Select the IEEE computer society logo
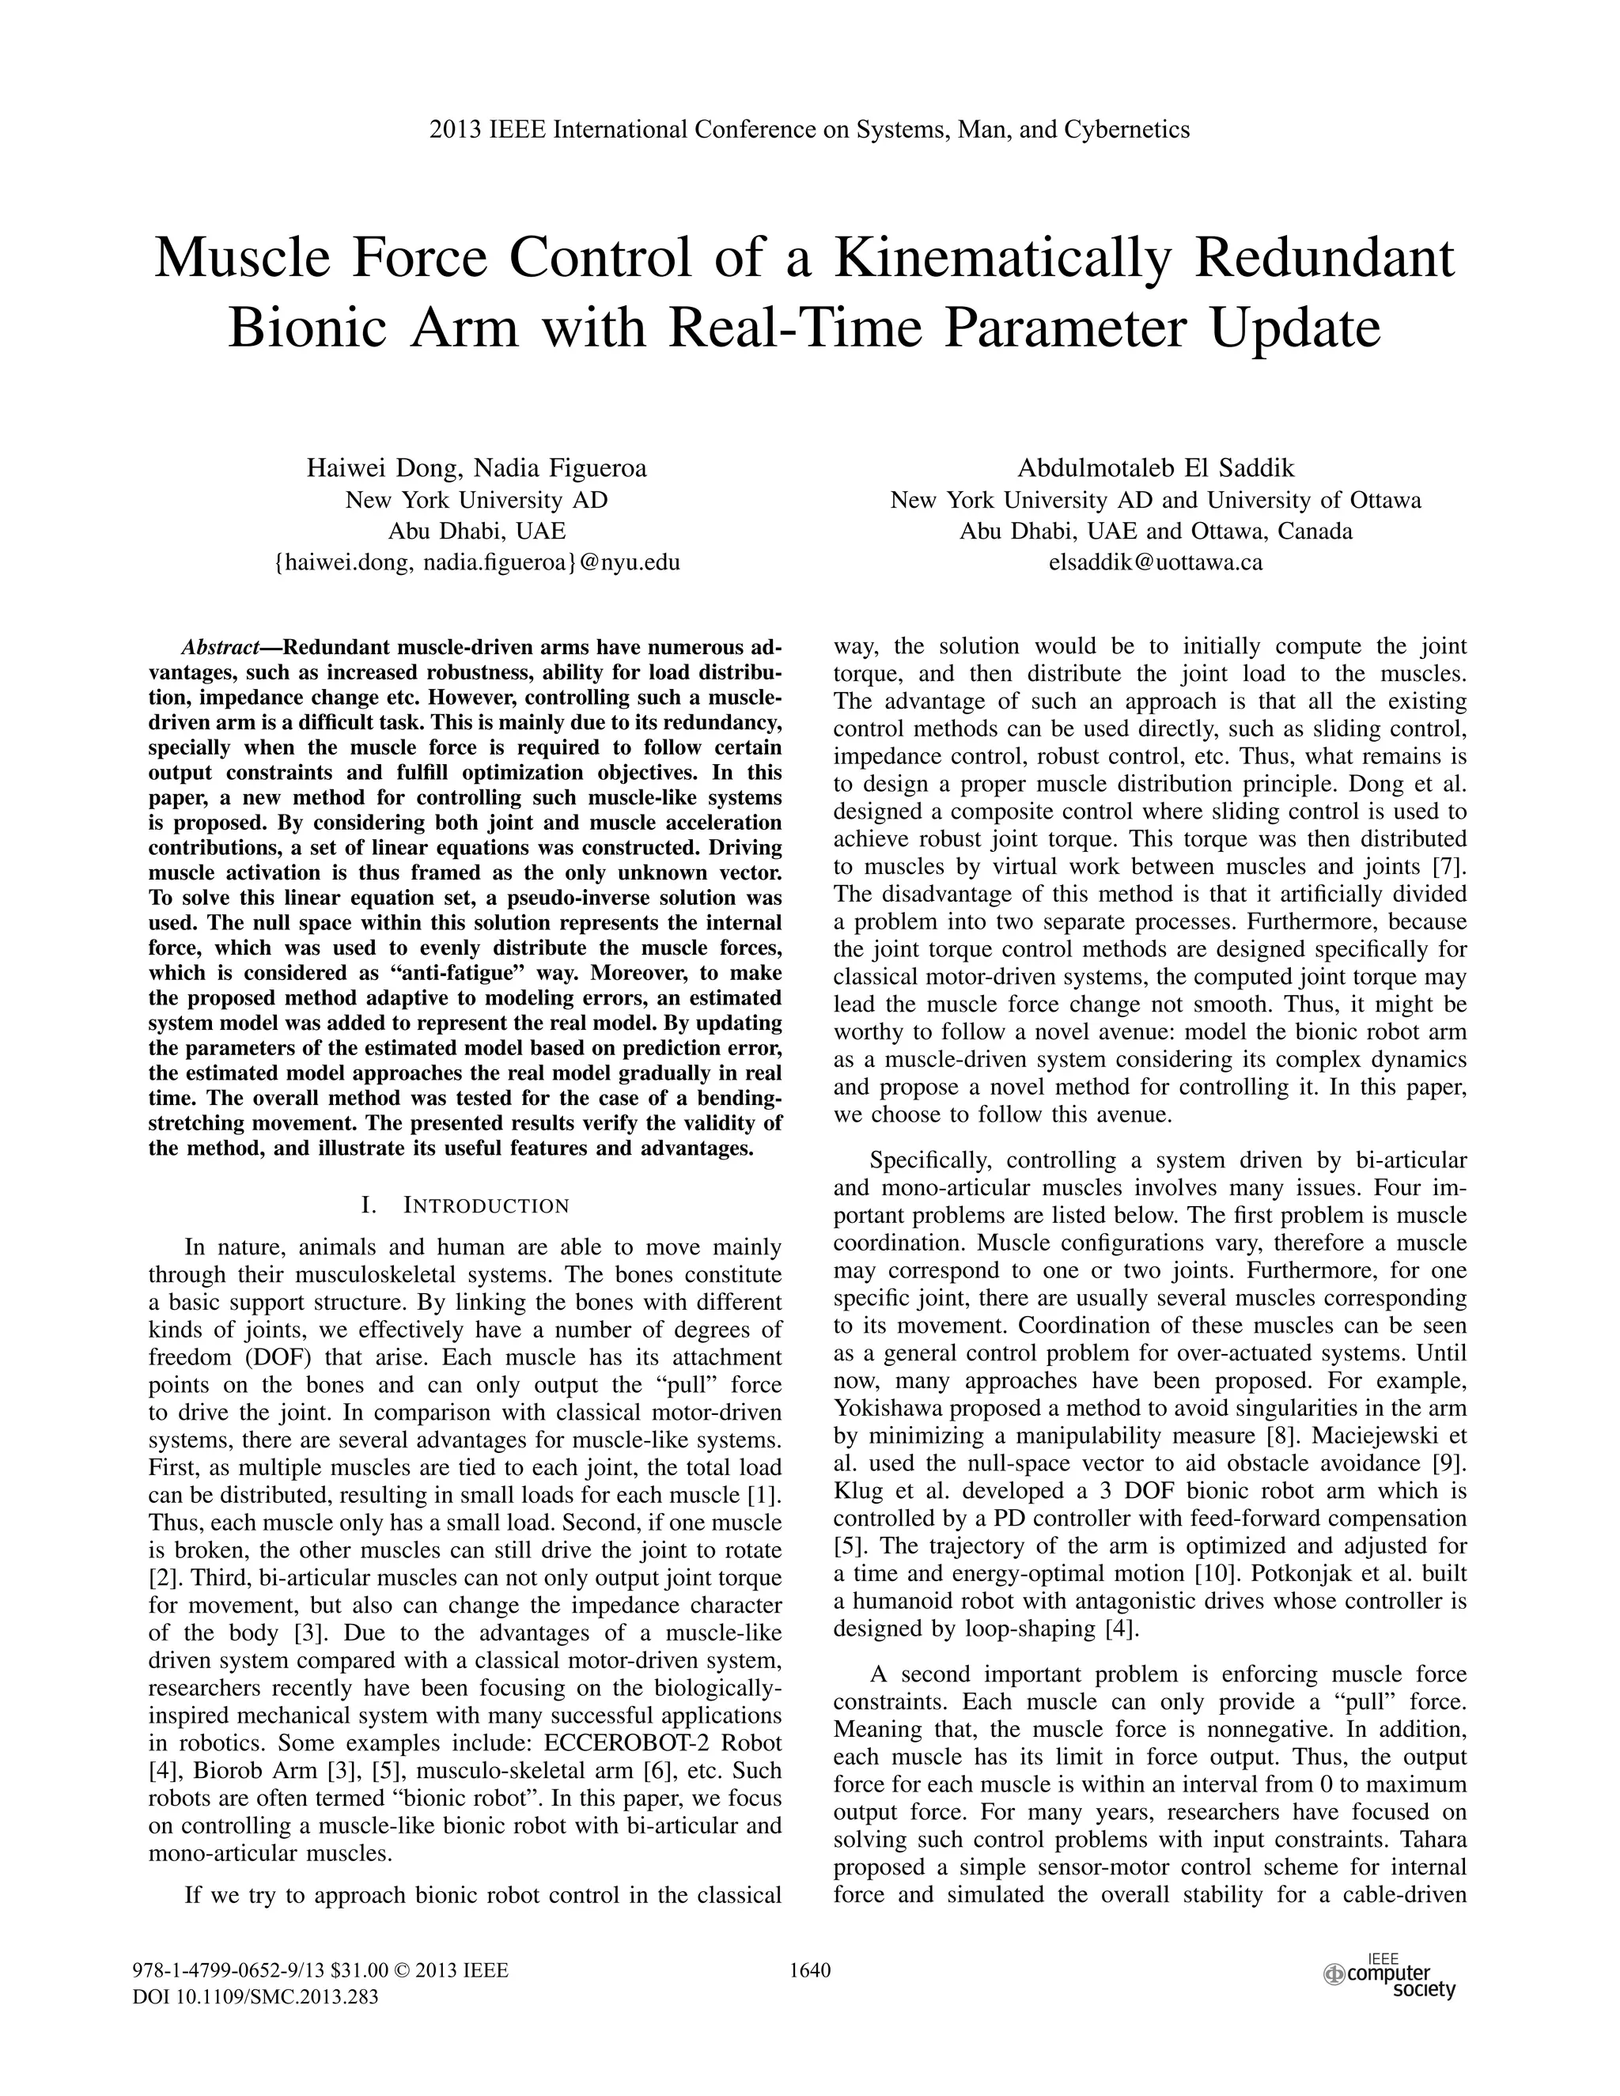click(x=1389, y=1975)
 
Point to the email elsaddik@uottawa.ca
click(x=1156, y=562)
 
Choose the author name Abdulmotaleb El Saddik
click(x=1156, y=468)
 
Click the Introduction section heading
click(x=464, y=1205)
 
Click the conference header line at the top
click(x=809, y=130)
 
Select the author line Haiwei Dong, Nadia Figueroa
click(x=476, y=468)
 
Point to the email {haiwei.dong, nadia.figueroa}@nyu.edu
click(x=476, y=562)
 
